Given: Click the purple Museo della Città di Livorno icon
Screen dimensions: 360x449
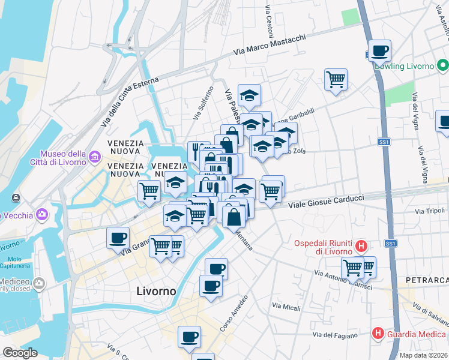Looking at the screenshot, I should (94, 158).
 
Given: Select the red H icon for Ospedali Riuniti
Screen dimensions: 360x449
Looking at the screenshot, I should (361, 245).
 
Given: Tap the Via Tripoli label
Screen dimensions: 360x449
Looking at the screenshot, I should (429, 211).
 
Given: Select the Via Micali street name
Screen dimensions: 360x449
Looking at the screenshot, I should (286, 307).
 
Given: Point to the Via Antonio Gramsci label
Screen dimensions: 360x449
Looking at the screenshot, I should (344, 280).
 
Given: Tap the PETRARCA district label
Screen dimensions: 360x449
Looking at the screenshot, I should (427, 280).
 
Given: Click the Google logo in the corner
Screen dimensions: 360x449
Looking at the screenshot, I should (20, 353).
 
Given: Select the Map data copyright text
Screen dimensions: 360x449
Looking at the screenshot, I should (423, 355).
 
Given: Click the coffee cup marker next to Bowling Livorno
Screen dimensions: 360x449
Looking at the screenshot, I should (379, 51).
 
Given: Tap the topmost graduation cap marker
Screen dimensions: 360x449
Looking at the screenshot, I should (249, 95).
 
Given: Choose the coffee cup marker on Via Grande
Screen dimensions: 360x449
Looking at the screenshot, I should (117, 238).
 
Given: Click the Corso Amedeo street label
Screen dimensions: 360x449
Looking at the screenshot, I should (234, 314).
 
